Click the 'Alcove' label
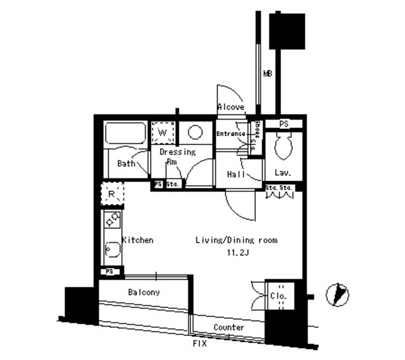231,108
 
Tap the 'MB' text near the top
268,75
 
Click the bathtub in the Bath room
124,134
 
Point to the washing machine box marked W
163,133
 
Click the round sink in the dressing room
195,133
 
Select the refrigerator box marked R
112,194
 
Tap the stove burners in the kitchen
112,221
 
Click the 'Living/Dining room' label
236,240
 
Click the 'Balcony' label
144,292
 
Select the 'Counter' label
228,328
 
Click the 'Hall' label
235,174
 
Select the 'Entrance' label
230,134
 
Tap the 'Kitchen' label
137,240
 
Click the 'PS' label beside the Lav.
283,124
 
